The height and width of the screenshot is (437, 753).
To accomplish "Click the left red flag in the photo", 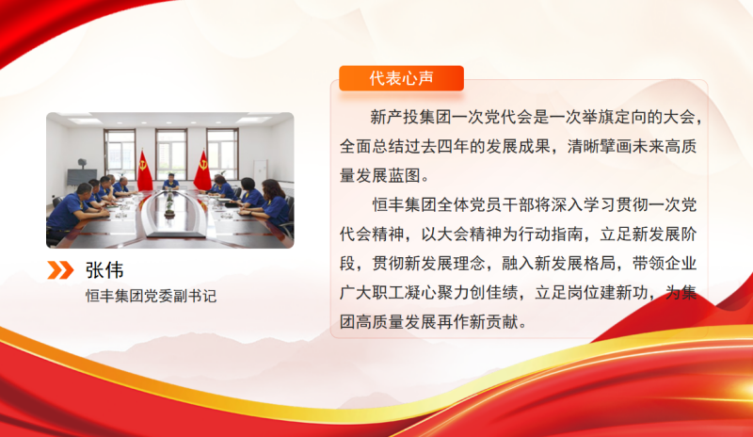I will coord(143,170).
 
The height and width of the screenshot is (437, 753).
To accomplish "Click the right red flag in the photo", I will coord(201,170).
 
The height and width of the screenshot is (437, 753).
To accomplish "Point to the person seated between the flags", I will coord(170,181).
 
